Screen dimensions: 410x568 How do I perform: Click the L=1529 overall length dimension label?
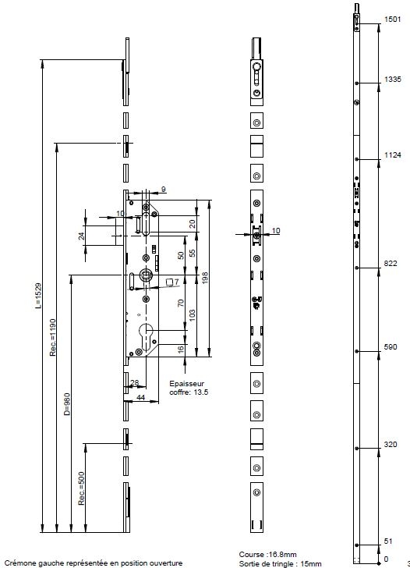tap(39, 296)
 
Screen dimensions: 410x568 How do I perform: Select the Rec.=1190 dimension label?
tap(53, 337)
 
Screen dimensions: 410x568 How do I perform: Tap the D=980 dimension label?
tap(67, 404)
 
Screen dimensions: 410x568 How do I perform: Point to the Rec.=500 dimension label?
tap(81, 488)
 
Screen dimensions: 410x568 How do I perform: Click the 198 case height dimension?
tap(204, 278)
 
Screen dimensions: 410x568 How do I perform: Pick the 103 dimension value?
tap(193, 314)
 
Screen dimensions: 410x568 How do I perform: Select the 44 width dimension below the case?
tap(141, 397)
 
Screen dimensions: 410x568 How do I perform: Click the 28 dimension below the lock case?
tap(134, 382)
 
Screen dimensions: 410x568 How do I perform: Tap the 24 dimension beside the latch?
tap(82, 236)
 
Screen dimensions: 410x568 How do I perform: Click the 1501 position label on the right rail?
tap(392, 20)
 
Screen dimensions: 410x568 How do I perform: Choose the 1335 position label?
tap(393, 80)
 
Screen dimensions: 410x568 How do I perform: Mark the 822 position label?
tap(391, 264)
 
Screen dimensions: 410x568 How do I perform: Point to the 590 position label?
tap(391, 347)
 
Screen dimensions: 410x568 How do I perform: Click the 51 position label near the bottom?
tap(388, 541)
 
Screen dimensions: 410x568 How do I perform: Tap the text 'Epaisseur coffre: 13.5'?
tap(189, 388)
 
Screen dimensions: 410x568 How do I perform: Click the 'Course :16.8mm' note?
tap(267, 554)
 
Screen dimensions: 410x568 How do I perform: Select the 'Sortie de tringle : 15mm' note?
tap(280, 563)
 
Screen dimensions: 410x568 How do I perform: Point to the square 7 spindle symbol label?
tap(172, 282)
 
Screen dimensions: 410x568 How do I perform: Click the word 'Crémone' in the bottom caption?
tap(19, 563)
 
